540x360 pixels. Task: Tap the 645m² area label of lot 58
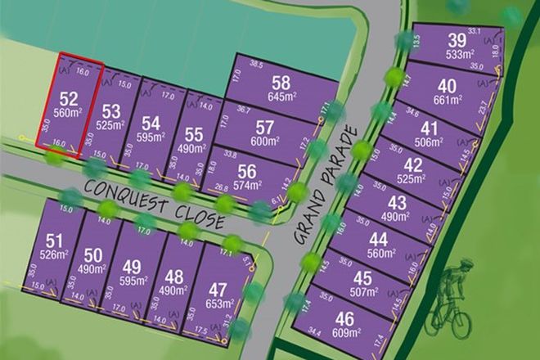coord(282,97)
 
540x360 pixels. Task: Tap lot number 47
coord(218,290)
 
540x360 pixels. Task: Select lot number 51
coord(54,241)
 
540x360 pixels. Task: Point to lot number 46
coord(347,319)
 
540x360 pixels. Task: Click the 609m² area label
coord(347,332)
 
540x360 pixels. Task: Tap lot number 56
coord(248,172)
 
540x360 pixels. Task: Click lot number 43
coord(398,202)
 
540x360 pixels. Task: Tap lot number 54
coord(151,123)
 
